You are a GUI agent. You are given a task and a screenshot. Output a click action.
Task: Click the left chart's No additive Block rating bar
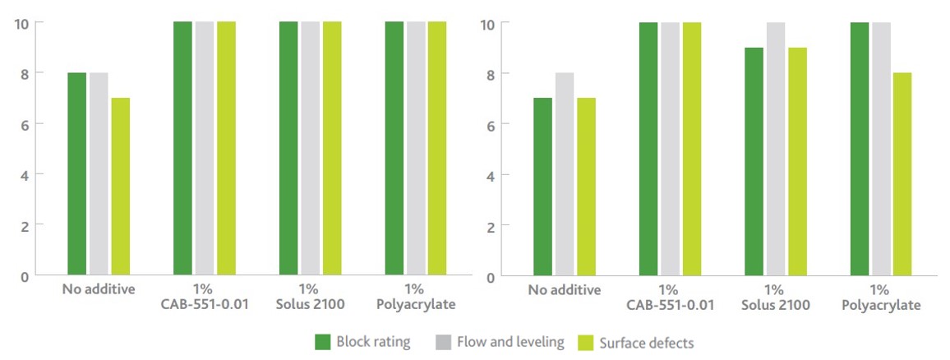click(x=76, y=173)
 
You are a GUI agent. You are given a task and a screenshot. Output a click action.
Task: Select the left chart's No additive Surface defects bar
click(x=120, y=187)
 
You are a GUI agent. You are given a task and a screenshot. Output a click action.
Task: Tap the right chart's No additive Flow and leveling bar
click(x=565, y=173)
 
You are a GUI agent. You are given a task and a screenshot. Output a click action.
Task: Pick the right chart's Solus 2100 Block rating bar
click(x=754, y=161)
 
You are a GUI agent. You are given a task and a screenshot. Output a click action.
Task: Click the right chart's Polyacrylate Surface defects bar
click(x=902, y=173)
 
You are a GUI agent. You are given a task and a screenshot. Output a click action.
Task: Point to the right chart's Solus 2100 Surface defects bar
click(x=797, y=161)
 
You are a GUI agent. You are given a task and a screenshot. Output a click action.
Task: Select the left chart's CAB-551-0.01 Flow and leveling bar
click(x=205, y=148)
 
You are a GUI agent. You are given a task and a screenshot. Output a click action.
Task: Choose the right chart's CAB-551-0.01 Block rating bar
click(x=648, y=149)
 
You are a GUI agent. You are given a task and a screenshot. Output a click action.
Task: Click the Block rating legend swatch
click(x=323, y=342)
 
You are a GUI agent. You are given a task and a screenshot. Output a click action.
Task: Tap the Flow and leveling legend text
click(x=510, y=342)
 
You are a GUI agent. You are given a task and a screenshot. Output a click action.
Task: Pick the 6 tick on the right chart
click(x=491, y=124)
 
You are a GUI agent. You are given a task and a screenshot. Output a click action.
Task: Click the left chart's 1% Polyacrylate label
click(x=414, y=297)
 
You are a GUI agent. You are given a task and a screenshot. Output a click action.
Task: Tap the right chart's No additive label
click(x=565, y=290)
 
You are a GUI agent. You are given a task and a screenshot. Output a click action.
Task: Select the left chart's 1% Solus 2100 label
click(x=309, y=297)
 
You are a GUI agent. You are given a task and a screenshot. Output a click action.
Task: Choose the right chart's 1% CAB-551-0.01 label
click(x=669, y=298)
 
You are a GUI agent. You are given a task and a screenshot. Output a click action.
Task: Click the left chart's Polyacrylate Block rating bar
click(x=394, y=148)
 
